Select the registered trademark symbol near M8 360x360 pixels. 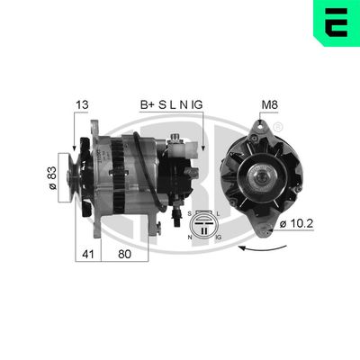pyautogui.click(x=277, y=124)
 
